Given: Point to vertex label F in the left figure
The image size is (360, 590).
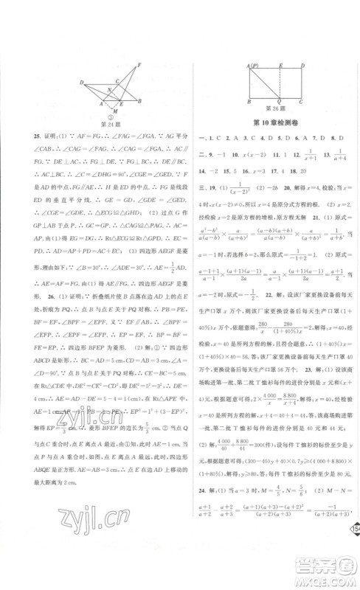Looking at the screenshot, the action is pyautogui.click(x=138, y=65).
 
